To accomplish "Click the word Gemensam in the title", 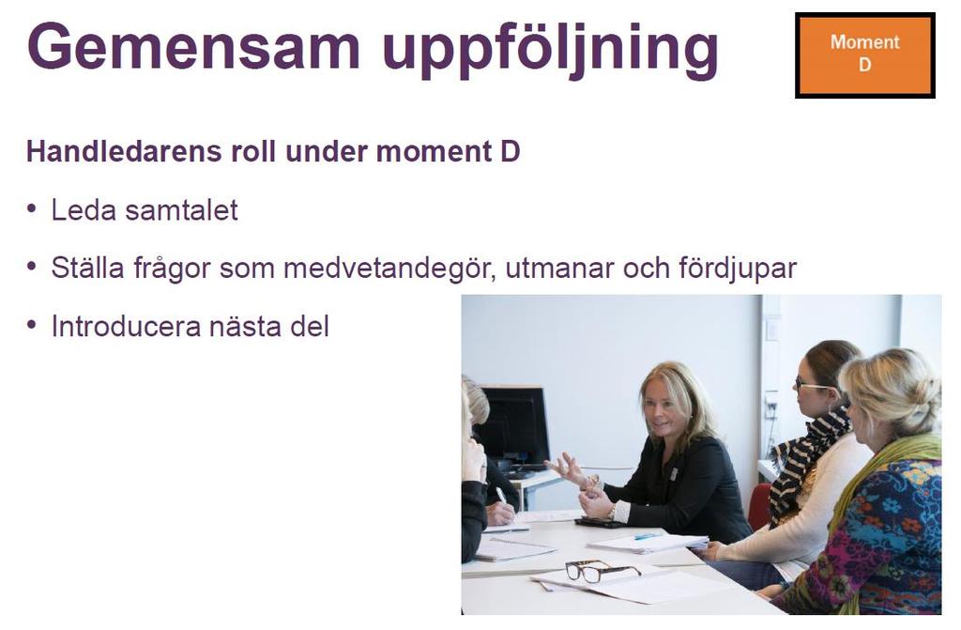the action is coord(193,47).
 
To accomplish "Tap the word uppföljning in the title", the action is coord(550,51).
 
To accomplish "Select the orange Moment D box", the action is coord(864,55).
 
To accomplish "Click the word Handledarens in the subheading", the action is coord(124,151).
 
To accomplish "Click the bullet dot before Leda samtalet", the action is coord(32,208).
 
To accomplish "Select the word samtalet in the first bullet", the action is coord(181,210).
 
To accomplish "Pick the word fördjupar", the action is coord(738,269).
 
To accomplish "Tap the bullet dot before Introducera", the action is coord(32,325).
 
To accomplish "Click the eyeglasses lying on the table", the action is coord(603,571).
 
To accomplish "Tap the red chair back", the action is coord(759,506).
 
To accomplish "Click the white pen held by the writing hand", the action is coord(501,495).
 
